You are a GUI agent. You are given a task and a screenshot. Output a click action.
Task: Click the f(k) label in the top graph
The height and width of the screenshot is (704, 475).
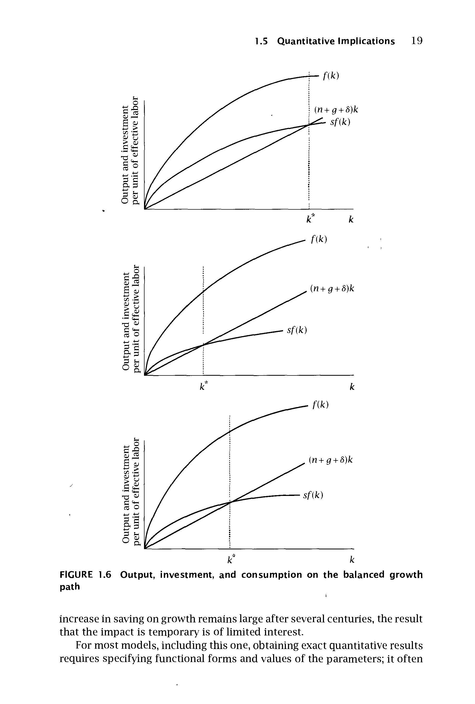tap(331, 76)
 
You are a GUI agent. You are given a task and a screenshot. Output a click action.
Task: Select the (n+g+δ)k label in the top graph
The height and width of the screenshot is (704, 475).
tap(336, 110)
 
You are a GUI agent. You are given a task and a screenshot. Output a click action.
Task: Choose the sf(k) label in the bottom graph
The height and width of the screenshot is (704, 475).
tap(313, 495)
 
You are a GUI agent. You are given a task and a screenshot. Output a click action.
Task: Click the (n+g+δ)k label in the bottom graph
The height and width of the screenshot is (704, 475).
tap(331, 460)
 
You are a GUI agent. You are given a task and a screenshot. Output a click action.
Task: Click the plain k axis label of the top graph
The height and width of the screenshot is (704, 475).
tap(351, 219)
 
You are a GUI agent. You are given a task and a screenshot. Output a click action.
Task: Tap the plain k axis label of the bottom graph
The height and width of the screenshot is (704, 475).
tap(352, 560)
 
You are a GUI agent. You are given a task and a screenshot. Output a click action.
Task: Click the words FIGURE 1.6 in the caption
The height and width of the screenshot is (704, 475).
tap(86, 574)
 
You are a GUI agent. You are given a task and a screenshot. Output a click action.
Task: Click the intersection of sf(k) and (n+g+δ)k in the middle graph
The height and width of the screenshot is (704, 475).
tap(203, 345)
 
